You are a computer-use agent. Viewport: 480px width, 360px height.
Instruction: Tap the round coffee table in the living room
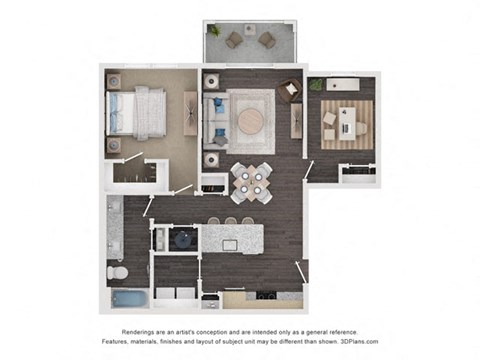[x=249, y=119]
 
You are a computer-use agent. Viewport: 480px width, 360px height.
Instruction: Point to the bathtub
[x=128, y=298]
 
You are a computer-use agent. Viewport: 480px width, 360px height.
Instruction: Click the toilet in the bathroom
[x=116, y=271]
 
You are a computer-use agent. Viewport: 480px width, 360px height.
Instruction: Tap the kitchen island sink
[x=230, y=243]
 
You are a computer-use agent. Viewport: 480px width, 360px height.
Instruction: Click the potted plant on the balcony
[x=214, y=31]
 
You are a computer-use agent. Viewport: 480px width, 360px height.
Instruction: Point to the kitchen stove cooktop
[x=265, y=295]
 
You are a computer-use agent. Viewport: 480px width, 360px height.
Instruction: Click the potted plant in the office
[x=316, y=85]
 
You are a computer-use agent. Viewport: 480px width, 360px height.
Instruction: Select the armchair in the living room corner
[x=290, y=90]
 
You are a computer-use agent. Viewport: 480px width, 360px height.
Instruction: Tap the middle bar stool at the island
[x=230, y=222]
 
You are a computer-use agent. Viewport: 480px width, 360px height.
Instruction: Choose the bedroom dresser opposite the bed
[x=190, y=113]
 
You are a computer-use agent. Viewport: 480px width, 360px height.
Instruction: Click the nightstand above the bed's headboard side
[x=114, y=79]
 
